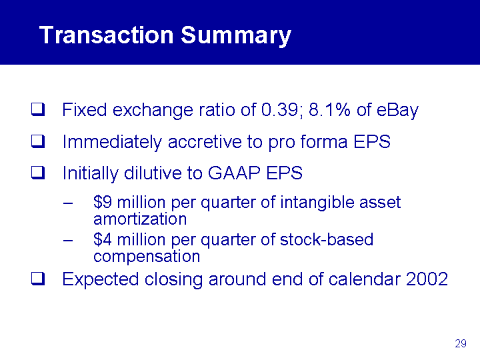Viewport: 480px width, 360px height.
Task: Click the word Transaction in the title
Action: [x=107, y=35]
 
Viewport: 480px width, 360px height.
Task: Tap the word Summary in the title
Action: [x=236, y=36]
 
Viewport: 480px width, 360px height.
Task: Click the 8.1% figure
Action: [x=329, y=109]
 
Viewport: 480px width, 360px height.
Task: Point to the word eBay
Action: [x=397, y=111]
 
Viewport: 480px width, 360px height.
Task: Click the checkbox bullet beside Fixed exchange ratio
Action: [x=38, y=109]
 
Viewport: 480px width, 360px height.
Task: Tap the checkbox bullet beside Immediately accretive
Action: [x=38, y=141]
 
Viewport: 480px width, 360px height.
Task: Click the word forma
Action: [x=324, y=141]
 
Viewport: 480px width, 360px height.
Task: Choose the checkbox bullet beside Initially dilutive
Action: [x=38, y=173]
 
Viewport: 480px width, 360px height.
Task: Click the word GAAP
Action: [x=234, y=173]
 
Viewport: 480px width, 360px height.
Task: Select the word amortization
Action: [x=140, y=219]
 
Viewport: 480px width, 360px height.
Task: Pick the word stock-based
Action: [x=327, y=239]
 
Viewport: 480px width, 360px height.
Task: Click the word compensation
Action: [x=147, y=257]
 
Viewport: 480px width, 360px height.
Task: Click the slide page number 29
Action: [x=461, y=343]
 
